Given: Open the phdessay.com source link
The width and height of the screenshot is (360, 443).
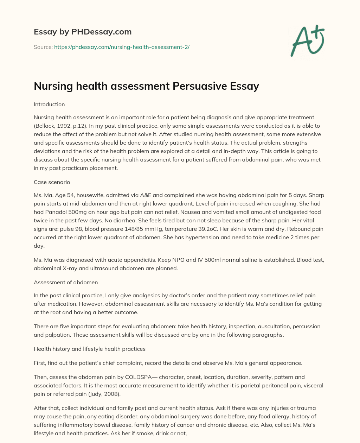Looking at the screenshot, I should pyautogui.click(x=122, y=47).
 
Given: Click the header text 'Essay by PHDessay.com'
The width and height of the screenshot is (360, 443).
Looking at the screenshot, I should pyautogui.click(x=83, y=32).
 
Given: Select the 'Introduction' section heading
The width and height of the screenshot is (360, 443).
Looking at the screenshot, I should pyautogui.click(x=49, y=105).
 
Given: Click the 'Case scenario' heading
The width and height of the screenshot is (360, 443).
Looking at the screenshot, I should pyautogui.click(x=52, y=182).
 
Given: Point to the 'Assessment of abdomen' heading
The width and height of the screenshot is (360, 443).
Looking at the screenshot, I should pyautogui.click(x=66, y=282).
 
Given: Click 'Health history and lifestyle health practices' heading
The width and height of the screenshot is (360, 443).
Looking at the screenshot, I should pyautogui.click(x=90, y=349).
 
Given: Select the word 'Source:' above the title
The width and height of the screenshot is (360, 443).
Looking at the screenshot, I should pyautogui.click(x=43, y=47).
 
